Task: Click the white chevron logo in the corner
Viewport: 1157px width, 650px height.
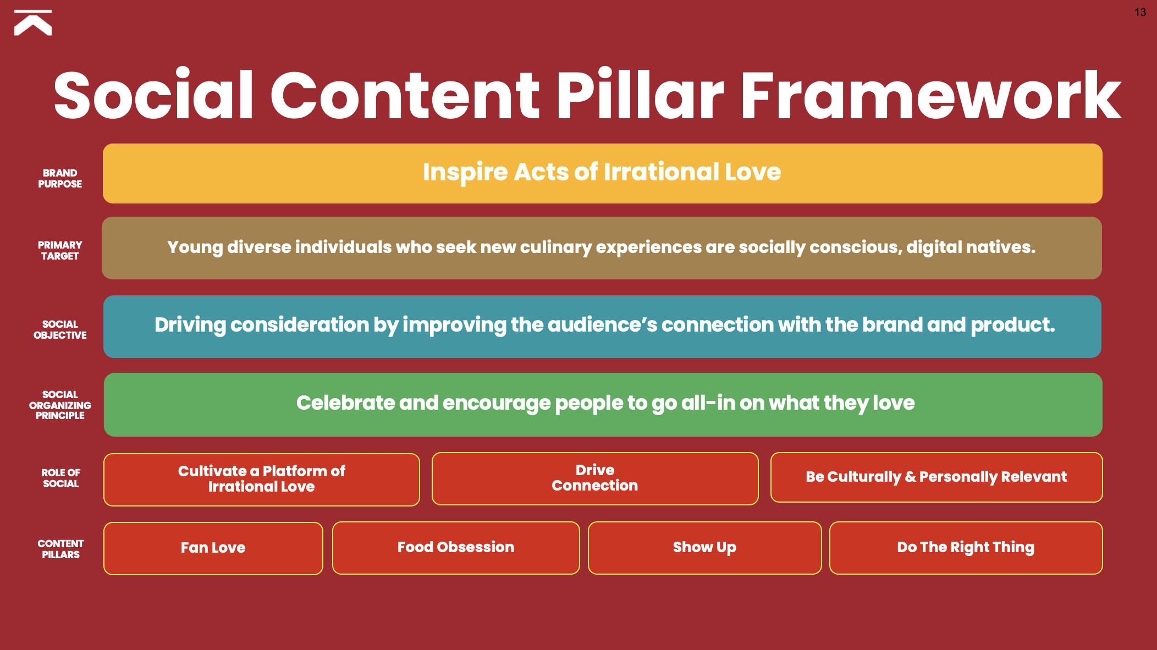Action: pyautogui.click(x=33, y=23)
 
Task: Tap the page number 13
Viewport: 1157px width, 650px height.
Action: pyautogui.click(x=1140, y=12)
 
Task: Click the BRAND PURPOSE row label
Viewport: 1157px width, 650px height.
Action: pyautogui.click(x=60, y=179)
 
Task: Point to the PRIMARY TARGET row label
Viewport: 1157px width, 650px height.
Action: pyautogui.click(x=60, y=250)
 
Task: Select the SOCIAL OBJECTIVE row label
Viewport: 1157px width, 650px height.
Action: pyautogui.click(x=60, y=329)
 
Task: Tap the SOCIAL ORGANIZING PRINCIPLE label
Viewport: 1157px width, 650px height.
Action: pyautogui.click(x=60, y=405)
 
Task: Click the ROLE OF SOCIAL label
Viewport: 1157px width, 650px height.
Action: pyautogui.click(x=60, y=478)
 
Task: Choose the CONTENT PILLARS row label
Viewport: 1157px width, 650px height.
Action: pyautogui.click(x=60, y=549)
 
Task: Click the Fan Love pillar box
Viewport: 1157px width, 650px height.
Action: pyautogui.click(x=213, y=548)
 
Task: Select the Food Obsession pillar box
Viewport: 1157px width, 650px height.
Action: pyautogui.click(x=456, y=548)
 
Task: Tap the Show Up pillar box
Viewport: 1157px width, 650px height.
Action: pyautogui.click(x=704, y=548)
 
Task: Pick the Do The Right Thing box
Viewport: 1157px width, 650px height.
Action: pyautogui.click(x=966, y=548)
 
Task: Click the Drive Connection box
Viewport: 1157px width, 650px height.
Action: pyautogui.click(x=595, y=478)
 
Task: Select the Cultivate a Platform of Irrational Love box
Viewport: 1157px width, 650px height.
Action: pyautogui.click(x=262, y=480)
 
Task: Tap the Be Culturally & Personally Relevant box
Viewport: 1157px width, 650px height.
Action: pyautogui.click(x=936, y=477)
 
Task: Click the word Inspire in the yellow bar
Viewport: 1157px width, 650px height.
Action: pyautogui.click(x=465, y=172)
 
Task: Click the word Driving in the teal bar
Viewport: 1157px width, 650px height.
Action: pyautogui.click(x=190, y=325)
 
